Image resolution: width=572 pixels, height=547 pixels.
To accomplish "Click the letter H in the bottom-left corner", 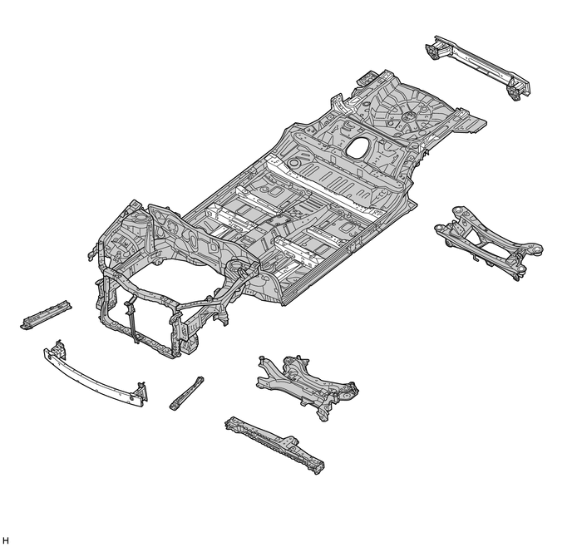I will point(6,540).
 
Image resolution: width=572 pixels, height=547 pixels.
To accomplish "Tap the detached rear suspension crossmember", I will point(486,241).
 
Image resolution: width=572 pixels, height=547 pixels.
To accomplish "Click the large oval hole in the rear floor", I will point(360,148).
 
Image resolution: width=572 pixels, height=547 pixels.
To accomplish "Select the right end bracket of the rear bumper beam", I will point(519,86).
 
